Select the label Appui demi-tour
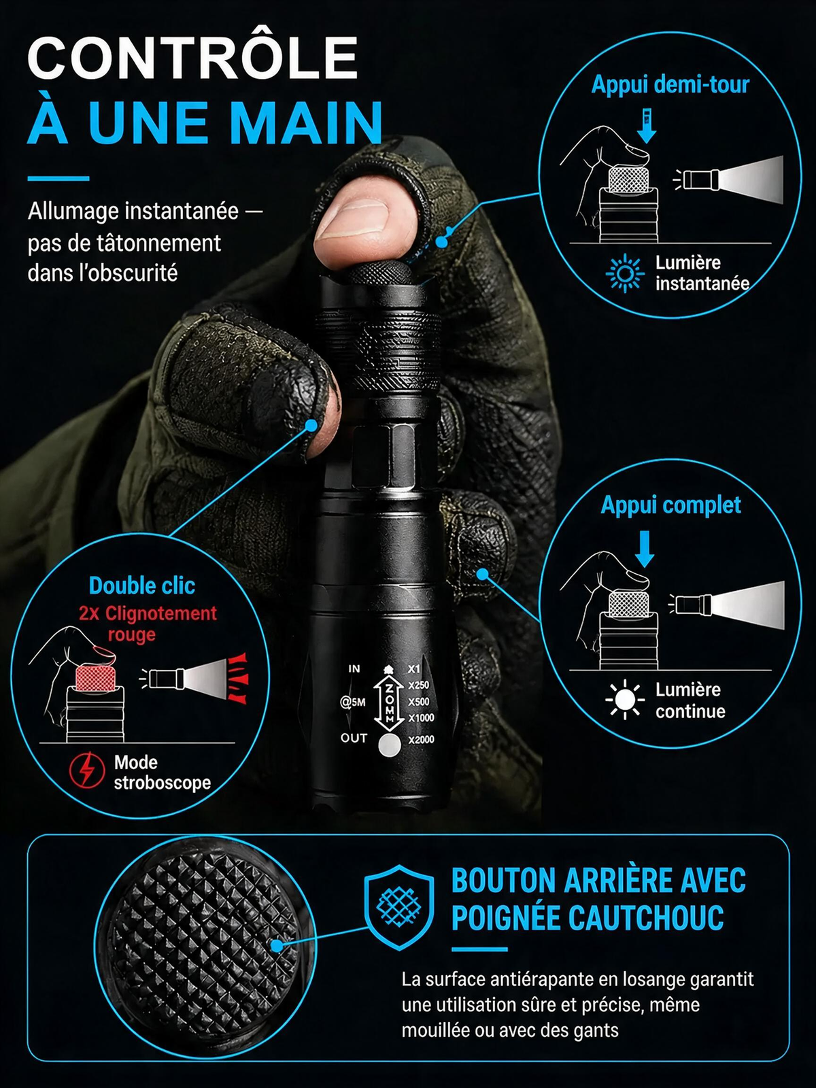click(x=670, y=85)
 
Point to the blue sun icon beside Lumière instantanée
click(x=625, y=273)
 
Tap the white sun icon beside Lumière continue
click(x=625, y=700)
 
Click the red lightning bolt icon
click(x=87, y=770)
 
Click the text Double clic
click(x=141, y=586)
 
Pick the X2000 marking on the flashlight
click(x=421, y=740)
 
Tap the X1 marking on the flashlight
click(x=413, y=669)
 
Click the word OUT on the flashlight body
click(x=354, y=738)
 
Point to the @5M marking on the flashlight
click(x=353, y=702)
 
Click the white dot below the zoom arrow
click(x=390, y=745)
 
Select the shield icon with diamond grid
click(x=399, y=907)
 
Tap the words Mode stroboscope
click(x=163, y=772)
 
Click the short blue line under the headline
click(x=58, y=178)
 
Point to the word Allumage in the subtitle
click(x=73, y=212)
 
